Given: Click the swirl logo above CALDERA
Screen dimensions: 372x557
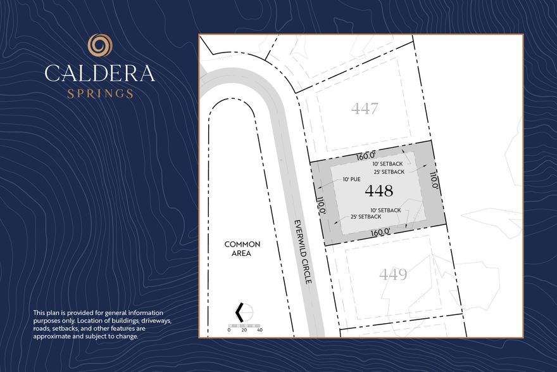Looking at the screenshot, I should tap(100, 46).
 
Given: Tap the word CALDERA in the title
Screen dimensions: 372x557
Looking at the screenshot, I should tap(100, 73).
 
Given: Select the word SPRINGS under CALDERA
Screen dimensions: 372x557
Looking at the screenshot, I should tap(100, 94).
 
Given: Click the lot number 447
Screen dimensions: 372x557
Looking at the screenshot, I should tap(365, 108).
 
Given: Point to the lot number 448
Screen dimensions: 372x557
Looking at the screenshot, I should tap(379, 191).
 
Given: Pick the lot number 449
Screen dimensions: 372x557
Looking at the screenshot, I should tap(393, 275).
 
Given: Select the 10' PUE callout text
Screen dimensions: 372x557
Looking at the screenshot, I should tap(351, 179).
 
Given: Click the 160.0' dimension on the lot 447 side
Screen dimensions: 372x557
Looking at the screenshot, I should tap(366, 155).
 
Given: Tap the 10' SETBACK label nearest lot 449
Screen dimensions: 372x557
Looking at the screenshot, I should tap(385, 210).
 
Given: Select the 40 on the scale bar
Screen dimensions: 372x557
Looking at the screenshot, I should tap(260, 330).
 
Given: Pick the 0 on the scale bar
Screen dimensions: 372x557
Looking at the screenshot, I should tap(229, 330).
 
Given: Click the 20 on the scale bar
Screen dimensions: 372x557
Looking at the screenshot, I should tap(244, 330).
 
